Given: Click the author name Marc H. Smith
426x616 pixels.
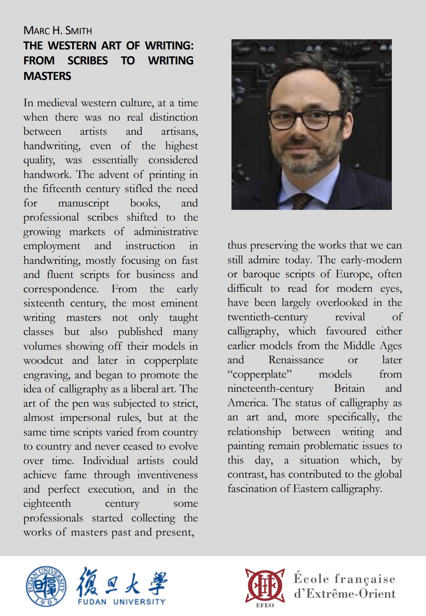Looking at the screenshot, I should [x=58, y=31].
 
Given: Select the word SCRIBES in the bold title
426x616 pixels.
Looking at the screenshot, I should [x=88, y=61].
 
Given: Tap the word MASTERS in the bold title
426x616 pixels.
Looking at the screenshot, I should [x=47, y=76].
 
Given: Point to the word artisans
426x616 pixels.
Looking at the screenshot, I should [x=179, y=132].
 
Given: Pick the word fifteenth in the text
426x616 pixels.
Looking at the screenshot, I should [x=62, y=189].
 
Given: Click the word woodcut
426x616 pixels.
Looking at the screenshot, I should [x=43, y=361].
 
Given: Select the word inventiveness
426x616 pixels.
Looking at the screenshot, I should [x=167, y=475].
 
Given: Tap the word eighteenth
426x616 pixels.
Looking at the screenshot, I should [x=47, y=504].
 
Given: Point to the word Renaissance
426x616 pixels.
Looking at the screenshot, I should [x=296, y=360].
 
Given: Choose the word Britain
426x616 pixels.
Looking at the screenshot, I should [x=349, y=389].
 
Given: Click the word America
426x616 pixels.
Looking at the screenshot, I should [x=247, y=403].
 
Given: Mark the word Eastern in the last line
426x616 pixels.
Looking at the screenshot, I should [x=310, y=489].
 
